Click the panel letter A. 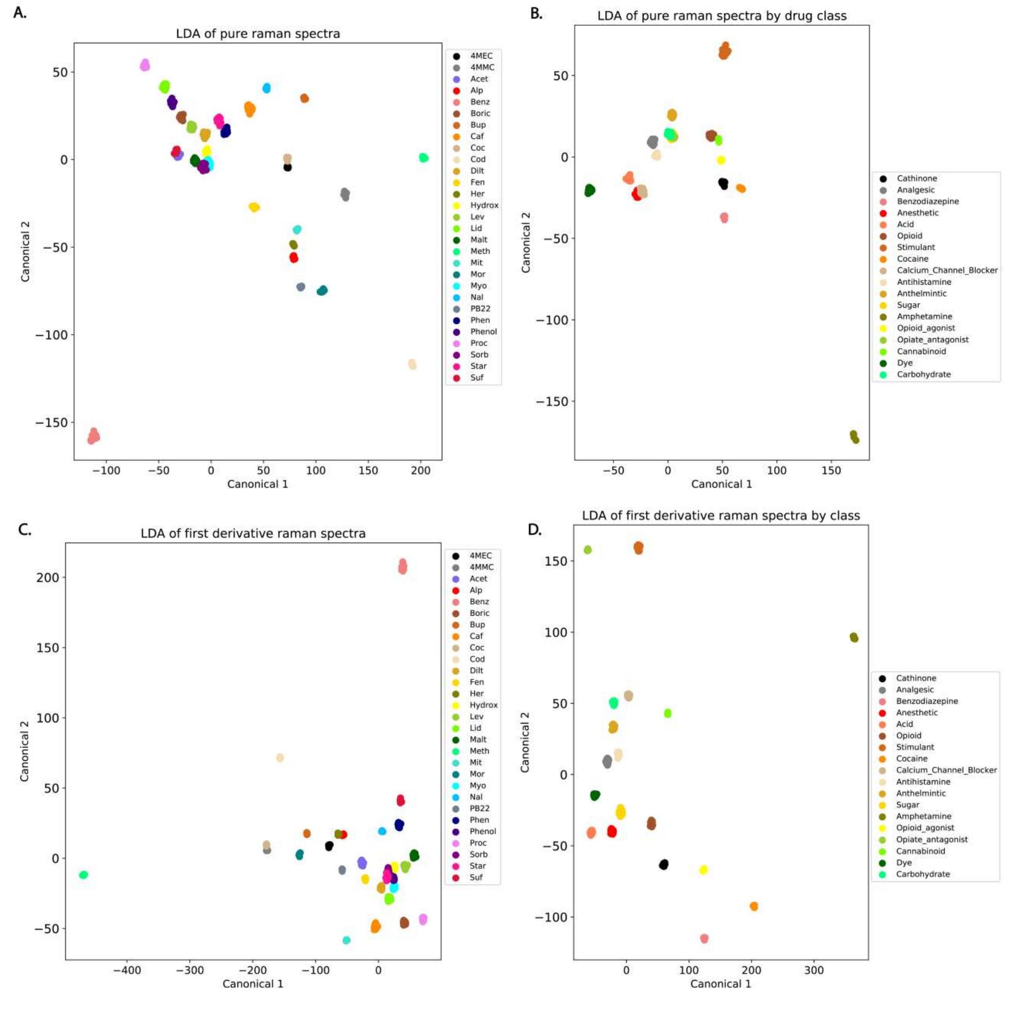tap(20, 13)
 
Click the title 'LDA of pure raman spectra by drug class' tap(721, 16)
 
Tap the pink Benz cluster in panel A tap(93, 436)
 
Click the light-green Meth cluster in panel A tap(424, 158)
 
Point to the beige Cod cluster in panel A tap(412, 364)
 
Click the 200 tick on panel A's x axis tap(420, 470)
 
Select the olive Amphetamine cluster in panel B tap(854, 437)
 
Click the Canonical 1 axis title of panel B tap(721, 484)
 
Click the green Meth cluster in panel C tap(83, 875)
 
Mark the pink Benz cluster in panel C tap(402, 566)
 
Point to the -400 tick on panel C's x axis tap(127, 970)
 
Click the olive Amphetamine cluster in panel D tap(853, 637)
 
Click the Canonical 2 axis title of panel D tap(525, 742)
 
